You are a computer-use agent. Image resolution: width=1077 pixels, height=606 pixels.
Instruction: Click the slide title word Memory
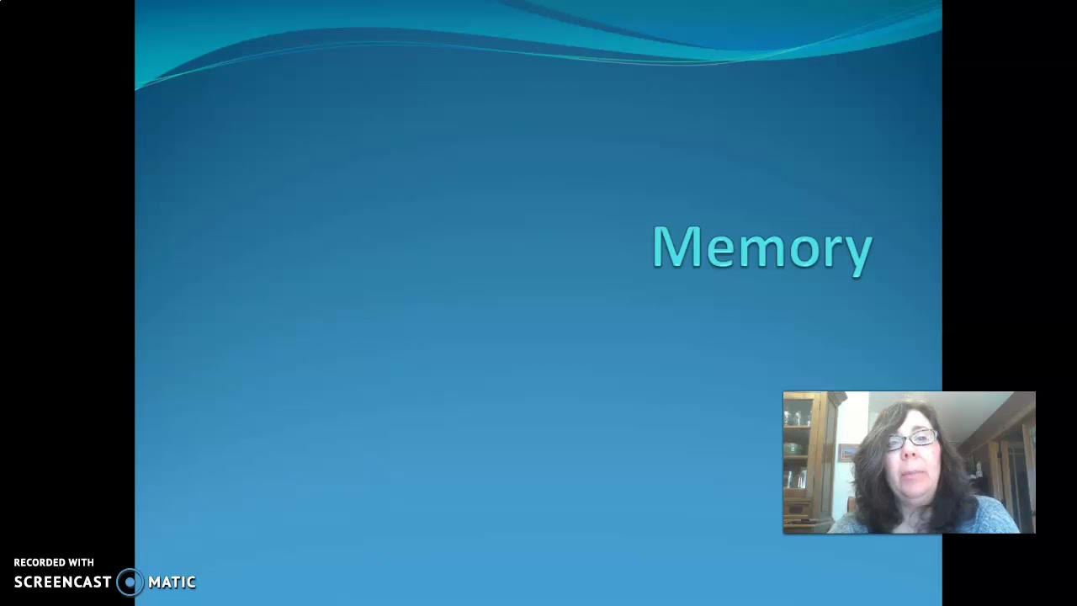click(762, 247)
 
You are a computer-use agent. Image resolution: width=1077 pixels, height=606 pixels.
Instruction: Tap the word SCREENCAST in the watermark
click(62, 582)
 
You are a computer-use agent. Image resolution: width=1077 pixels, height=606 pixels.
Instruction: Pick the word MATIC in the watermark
click(172, 582)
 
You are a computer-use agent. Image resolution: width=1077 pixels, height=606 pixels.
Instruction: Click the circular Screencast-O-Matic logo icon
click(130, 582)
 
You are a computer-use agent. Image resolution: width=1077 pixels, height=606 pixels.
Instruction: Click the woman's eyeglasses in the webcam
click(912, 439)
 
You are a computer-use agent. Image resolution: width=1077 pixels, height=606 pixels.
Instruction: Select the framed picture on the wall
click(848, 452)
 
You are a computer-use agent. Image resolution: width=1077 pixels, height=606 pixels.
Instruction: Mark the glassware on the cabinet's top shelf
click(797, 416)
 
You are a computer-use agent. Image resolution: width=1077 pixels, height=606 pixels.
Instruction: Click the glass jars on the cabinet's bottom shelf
click(795, 479)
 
